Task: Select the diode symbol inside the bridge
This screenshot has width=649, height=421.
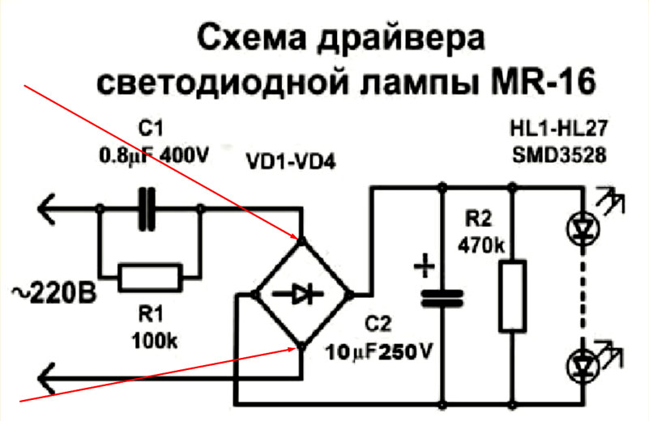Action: coord(300,295)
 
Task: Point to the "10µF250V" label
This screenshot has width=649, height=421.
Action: coord(375,353)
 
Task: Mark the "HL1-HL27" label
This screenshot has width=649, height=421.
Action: coord(558,129)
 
